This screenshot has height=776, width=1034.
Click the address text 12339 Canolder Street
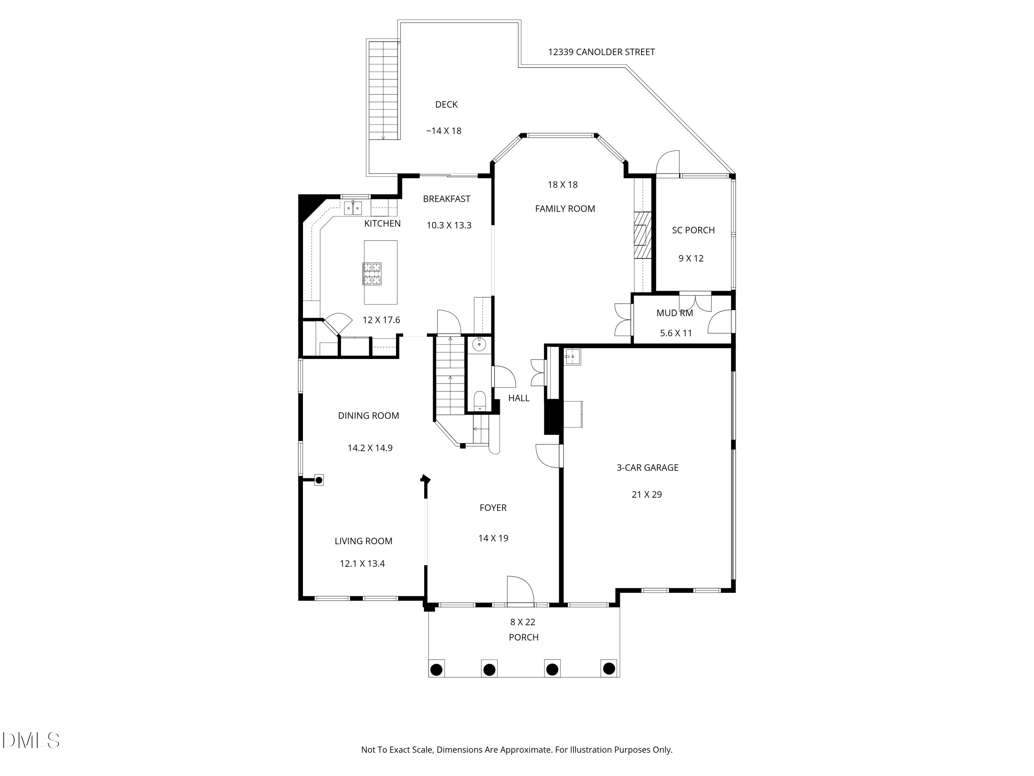tap(601, 52)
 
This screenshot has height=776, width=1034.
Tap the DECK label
tap(446, 104)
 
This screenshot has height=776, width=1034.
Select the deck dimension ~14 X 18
tap(443, 131)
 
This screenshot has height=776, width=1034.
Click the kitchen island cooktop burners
tap(372, 273)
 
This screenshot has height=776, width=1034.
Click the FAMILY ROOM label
tap(565, 209)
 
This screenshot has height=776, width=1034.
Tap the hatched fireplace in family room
tap(642, 235)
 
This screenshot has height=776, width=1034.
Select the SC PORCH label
tap(693, 230)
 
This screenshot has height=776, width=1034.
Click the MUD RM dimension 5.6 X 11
tap(676, 333)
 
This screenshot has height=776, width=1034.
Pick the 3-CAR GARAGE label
tap(647, 467)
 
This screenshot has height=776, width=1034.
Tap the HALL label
tap(518, 398)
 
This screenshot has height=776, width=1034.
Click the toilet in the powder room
tap(480, 402)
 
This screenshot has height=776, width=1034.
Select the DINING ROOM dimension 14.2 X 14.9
tap(370, 448)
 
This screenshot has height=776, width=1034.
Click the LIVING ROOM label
tap(363, 541)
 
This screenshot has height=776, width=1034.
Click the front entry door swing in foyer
tap(519, 590)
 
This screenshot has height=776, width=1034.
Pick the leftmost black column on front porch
tap(436, 669)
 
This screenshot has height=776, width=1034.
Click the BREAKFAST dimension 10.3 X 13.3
tap(448, 225)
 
